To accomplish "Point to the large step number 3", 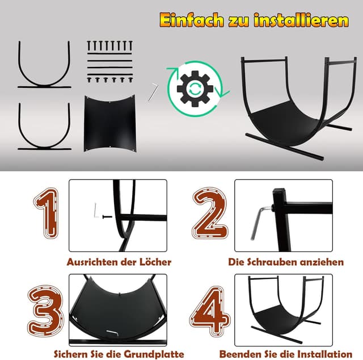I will (45, 311).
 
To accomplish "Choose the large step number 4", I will (210, 311).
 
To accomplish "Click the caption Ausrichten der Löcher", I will (119, 262).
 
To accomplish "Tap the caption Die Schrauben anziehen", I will (286, 262).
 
